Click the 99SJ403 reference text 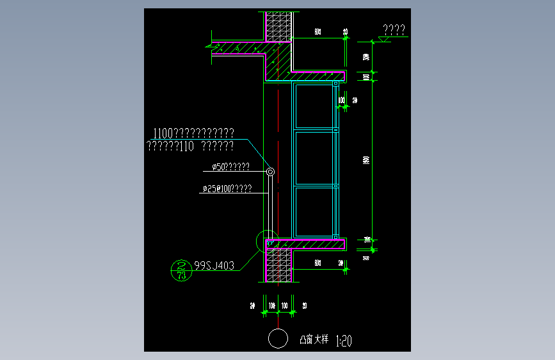[214, 264]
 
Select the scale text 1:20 [344, 340]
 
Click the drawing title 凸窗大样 [314, 340]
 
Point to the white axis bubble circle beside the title [278, 339]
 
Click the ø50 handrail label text [231, 168]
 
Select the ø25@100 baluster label [227, 189]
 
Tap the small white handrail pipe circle [270, 172]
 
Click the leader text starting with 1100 [193, 133]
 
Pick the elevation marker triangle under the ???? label [384, 40]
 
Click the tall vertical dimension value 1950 [366, 160]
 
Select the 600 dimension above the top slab [318, 32]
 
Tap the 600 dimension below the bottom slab [317, 263]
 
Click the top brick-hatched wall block [278, 26]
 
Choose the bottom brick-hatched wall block [279, 265]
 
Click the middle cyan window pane [314, 159]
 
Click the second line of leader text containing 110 [189, 147]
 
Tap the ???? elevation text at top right [394, 29]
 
